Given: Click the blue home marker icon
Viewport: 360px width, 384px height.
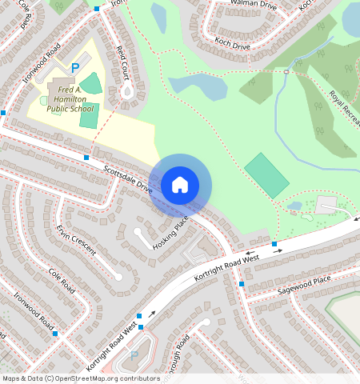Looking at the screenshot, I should pos(180,185).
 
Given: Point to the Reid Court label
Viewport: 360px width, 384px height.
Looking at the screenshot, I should pos(122,62).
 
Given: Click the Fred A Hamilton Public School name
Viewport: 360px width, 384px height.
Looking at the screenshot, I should pos(70,98).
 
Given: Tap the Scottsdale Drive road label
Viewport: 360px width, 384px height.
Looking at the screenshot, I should pos(128,178).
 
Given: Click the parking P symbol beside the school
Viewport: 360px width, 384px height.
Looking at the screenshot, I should pos(76,69).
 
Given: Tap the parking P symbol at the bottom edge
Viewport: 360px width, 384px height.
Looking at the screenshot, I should pos(134,356).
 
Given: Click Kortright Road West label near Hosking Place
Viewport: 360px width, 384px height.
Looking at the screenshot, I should pos(227,270).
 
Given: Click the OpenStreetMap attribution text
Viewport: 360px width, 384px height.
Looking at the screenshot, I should pos(80,378).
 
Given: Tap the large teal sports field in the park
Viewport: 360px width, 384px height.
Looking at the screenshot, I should pos(266,176).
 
